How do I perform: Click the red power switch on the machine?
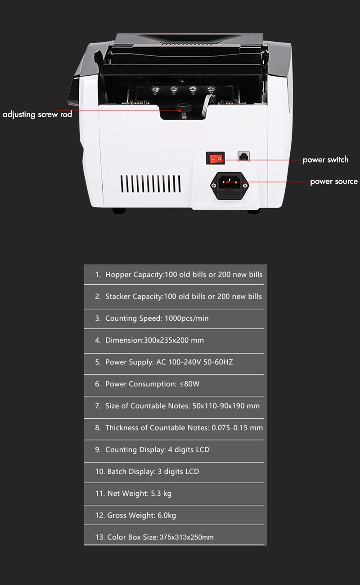(215, 159)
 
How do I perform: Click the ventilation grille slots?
(150, 184)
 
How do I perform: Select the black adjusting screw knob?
(182, 108)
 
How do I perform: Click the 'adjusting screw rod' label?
(37, 114)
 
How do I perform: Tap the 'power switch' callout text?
(325, 160)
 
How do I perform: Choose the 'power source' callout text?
(333, 181)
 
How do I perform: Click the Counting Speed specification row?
(175, 318)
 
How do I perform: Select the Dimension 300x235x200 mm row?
(175, 340)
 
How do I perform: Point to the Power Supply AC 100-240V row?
(175, 362)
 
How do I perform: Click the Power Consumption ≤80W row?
(175, 384)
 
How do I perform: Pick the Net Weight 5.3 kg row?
(175, 494)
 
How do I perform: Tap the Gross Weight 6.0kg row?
(175, 515)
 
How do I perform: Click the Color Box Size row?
(175, 537)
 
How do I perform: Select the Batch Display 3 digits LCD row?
(175, 472)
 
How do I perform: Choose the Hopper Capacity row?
(175, 275)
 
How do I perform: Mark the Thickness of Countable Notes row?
(175, 428)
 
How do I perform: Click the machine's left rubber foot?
(118, 209)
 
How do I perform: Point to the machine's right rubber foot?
(253, 210)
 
